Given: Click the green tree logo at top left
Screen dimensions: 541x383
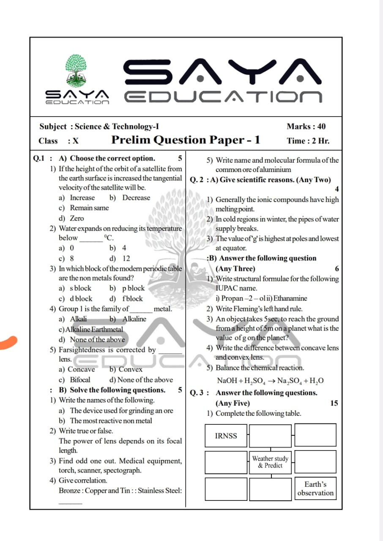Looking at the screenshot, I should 77,71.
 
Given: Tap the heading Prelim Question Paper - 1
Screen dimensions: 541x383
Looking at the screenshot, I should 186,140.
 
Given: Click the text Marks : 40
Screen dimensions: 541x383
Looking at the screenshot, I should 306,126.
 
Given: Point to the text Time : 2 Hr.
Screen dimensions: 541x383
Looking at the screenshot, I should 308,141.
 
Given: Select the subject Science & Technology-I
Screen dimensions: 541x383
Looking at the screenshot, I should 117,126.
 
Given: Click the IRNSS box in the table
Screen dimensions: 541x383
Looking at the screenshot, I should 226,436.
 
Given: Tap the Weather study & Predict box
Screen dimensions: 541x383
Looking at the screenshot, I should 270,462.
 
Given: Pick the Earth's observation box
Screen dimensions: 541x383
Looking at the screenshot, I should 315,489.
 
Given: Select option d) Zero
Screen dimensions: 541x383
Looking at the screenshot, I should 71,219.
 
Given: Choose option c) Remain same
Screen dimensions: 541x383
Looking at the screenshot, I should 84,208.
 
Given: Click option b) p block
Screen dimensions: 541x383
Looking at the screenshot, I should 127,288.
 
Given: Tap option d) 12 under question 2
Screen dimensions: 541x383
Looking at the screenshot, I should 120,258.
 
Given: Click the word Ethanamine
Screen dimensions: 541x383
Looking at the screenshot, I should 290,298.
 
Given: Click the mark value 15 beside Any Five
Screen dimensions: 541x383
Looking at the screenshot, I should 334,403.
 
